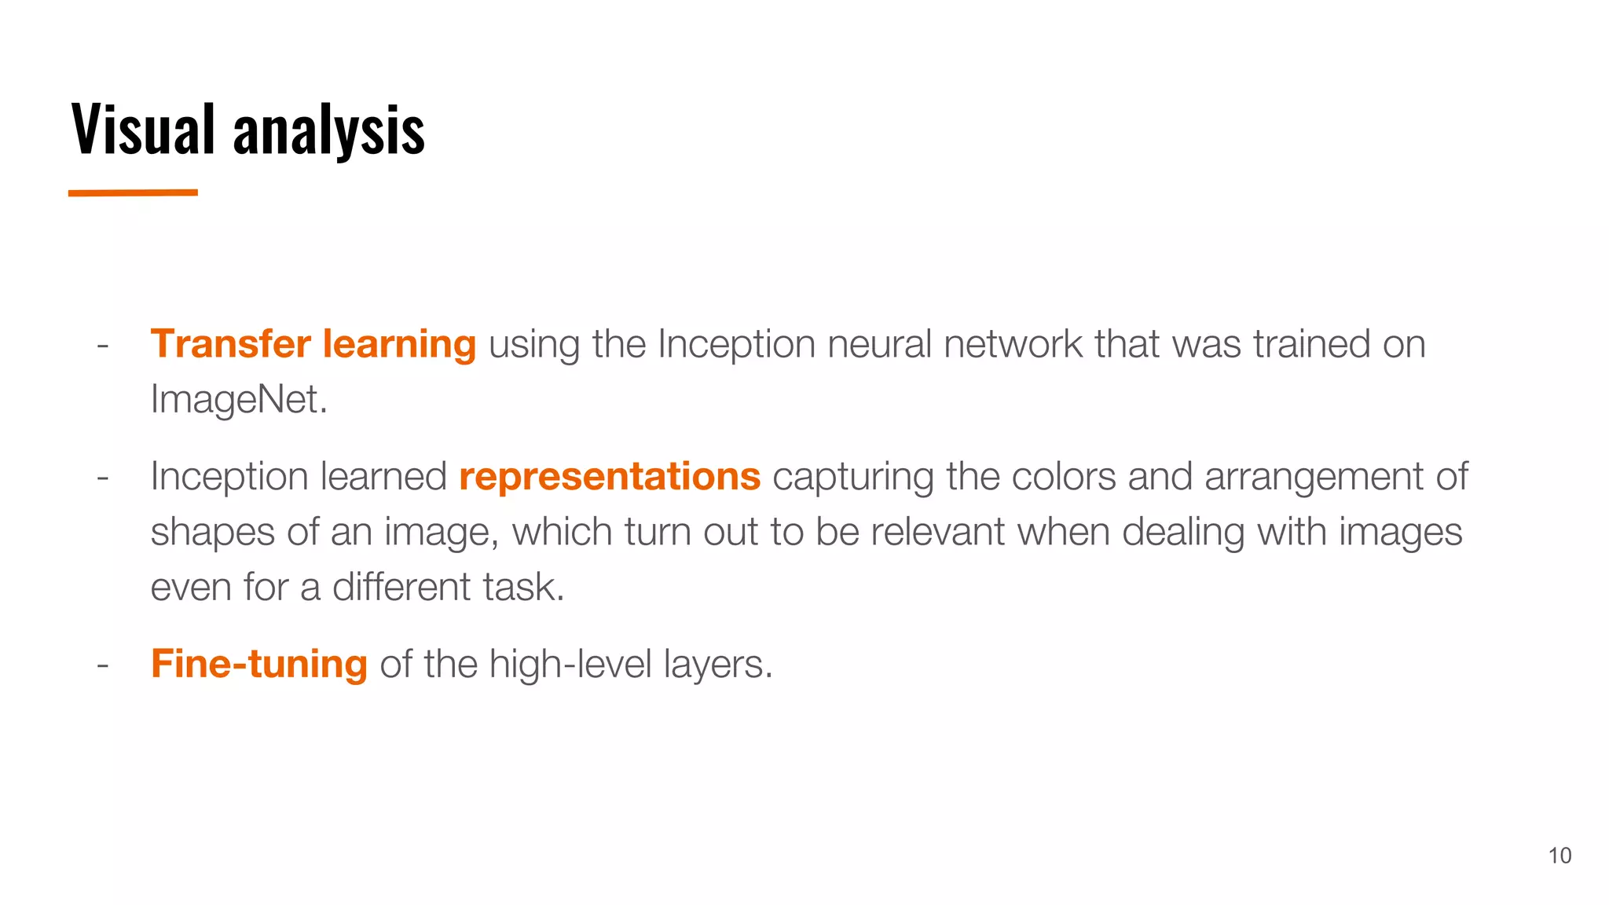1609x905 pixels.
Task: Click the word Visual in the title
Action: pos(143,129)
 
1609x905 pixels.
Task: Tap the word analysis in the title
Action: pos(328,130)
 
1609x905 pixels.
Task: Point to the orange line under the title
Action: pos(133,192)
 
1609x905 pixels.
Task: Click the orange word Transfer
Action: pos(231,344)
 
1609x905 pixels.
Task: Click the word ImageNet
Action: pos(238,400)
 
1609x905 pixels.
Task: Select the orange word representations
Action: pos(610,477)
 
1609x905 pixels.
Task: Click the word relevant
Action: pos(937,532)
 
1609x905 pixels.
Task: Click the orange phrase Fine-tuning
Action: pos(259,665)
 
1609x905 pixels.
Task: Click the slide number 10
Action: pos(1560,856)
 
